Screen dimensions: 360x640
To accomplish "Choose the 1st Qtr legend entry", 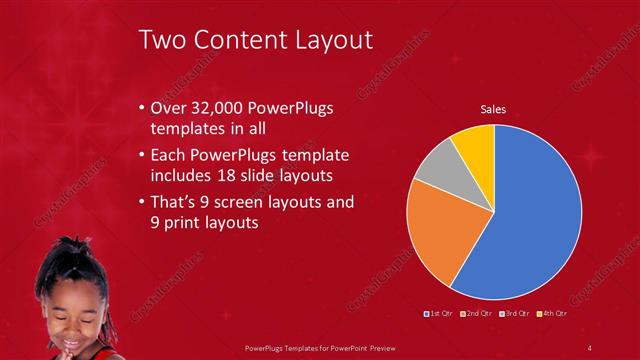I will pos(440,313).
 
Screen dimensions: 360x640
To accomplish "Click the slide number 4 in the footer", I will pos(589,347).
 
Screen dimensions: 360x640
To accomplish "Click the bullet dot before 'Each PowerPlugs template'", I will pos(141,157).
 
